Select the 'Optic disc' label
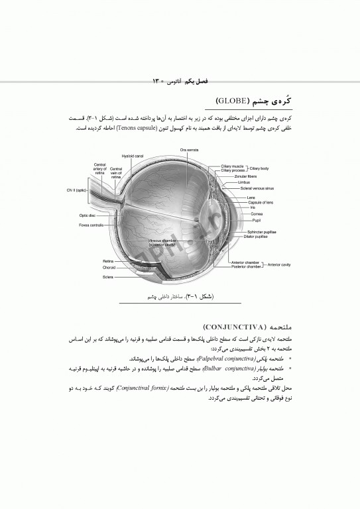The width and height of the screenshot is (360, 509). tap(88, 215)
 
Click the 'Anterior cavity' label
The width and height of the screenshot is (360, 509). tap(279, 264)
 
